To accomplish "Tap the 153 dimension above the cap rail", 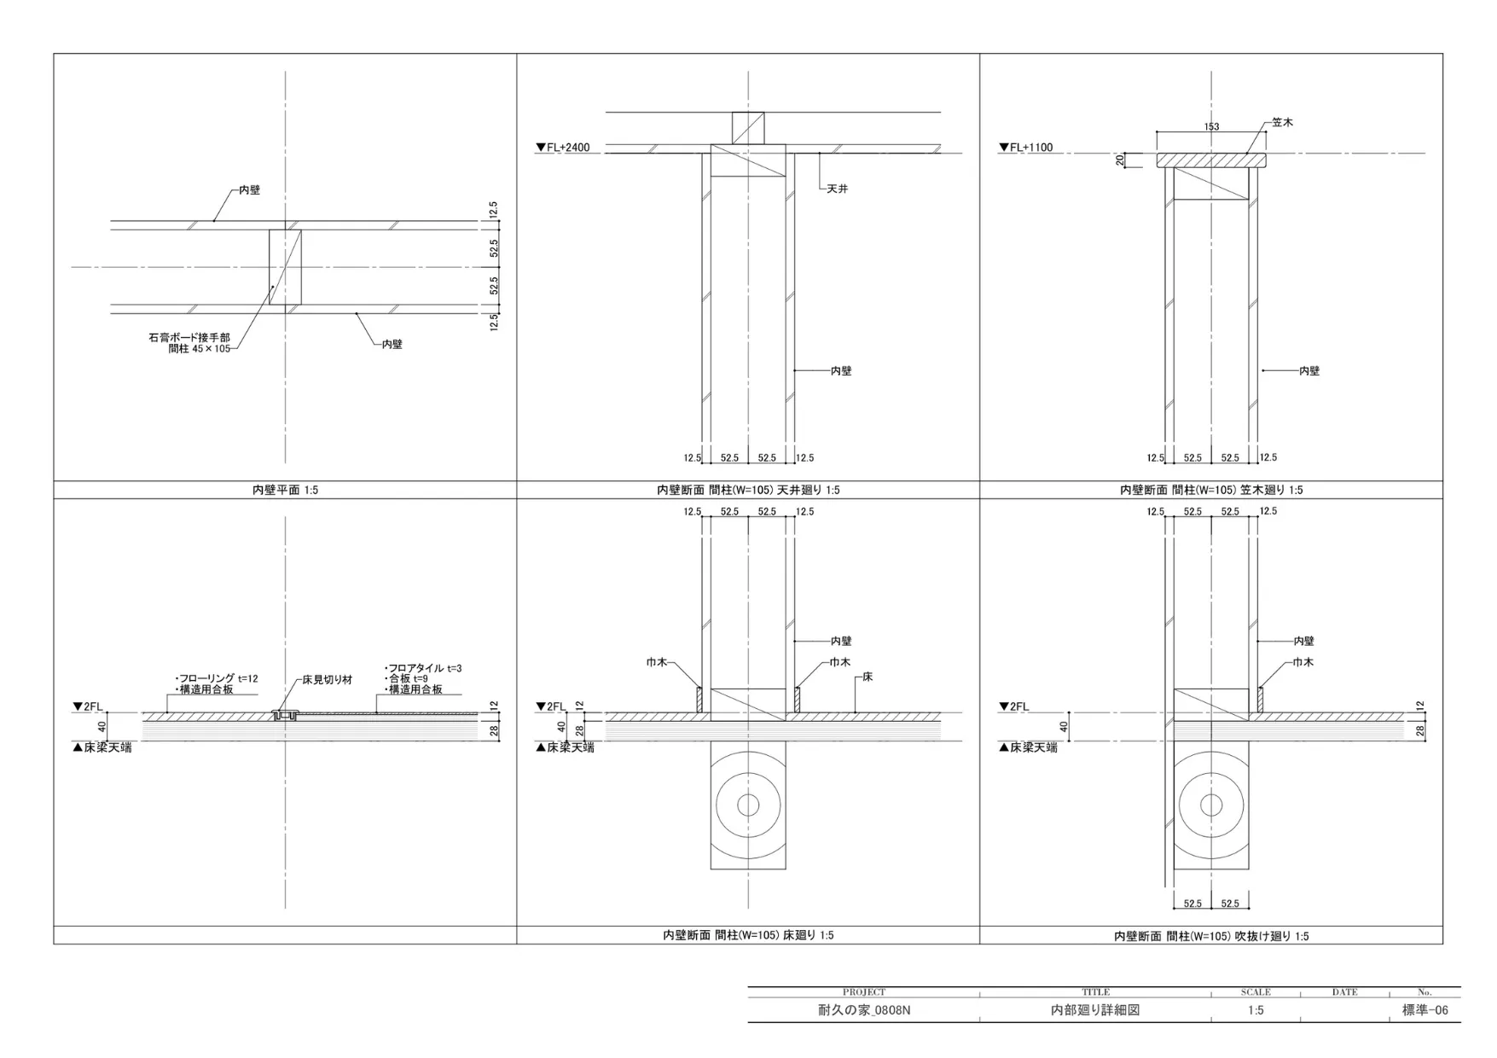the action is pyautogui.click(x=1211, y=127).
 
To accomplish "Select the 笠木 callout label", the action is pyautogui.click(x=1282, y=123).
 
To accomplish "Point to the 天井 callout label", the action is pyautogui.click(x=838, y=189).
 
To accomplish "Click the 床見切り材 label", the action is pyautogui.click(x=328, y=680).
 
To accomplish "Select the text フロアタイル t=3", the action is pyautogui.click(x=423, y=668).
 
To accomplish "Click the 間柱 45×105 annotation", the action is pyautogui.click(x=200, y=349).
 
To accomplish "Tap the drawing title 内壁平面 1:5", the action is pyautogui.click(x=285, y=491).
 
